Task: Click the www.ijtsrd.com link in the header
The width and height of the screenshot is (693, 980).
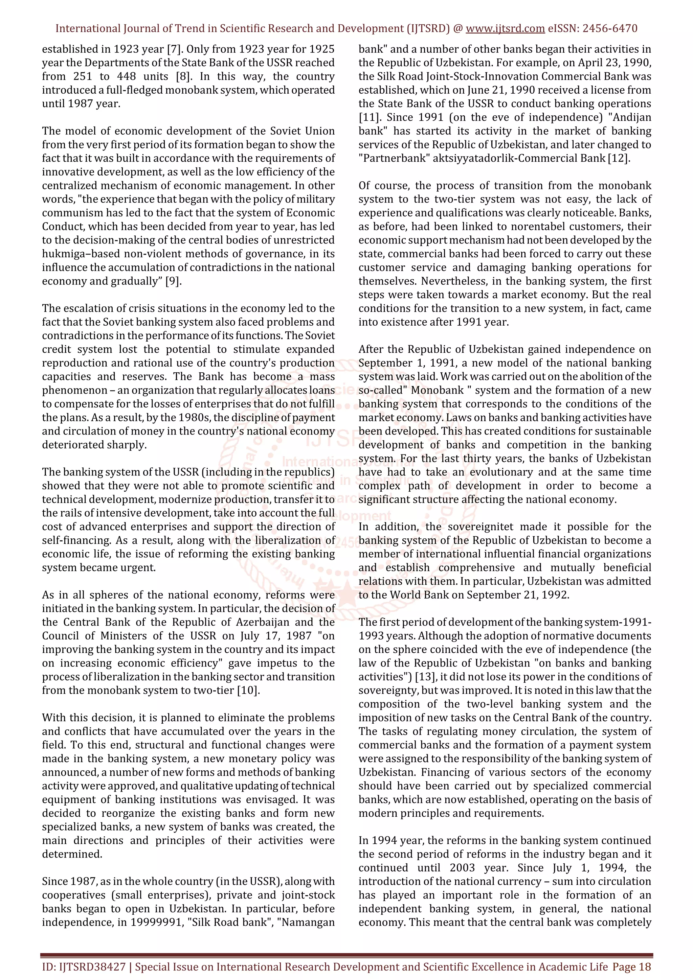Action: coord(505,29)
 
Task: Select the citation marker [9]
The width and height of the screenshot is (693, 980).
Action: coord(173,281)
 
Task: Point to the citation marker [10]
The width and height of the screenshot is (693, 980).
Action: coord(248,691)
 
